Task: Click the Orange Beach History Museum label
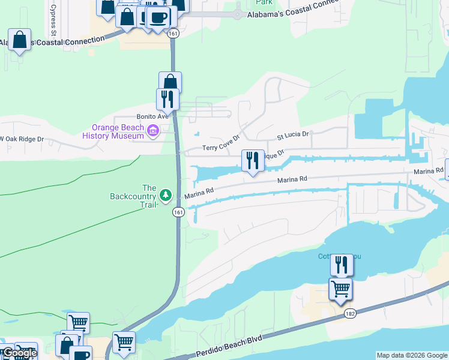118,131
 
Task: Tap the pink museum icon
152,130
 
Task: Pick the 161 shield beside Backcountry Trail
178,212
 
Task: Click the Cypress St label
53,12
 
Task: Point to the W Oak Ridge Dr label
22,139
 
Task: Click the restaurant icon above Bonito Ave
167,99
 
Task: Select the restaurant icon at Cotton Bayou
342,265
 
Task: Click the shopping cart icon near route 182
340,289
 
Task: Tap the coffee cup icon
158,17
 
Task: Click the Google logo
20,353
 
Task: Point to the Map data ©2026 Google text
412,355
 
